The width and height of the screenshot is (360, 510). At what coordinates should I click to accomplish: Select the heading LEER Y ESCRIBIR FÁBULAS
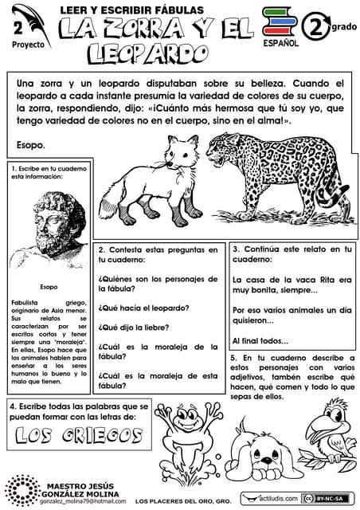(132, 10)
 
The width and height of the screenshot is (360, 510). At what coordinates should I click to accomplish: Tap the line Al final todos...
(260, 341)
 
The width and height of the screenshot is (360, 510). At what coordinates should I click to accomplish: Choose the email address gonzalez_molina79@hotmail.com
(79, 502)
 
